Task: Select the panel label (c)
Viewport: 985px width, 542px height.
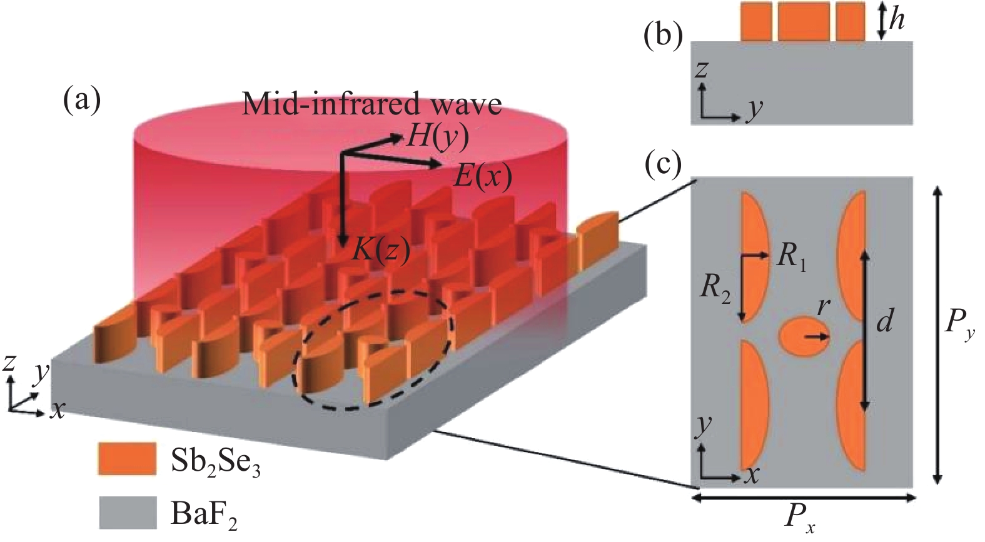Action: [x=663, y=164]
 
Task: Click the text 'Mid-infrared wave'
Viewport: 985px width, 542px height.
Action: [x=371, y=104]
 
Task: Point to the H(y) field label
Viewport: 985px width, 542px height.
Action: [x=437, y=138]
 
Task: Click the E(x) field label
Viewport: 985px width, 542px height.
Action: [x=482, y=176]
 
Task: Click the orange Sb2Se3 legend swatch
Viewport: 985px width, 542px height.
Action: [x=126, y=459]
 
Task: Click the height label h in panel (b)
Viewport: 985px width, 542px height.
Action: [x=896, y=21]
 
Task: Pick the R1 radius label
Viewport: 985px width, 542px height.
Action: [x=791, y=258]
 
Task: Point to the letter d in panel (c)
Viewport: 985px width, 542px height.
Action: [x=884, y=321]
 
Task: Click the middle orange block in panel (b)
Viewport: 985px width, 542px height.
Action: [x=804, y=21]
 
